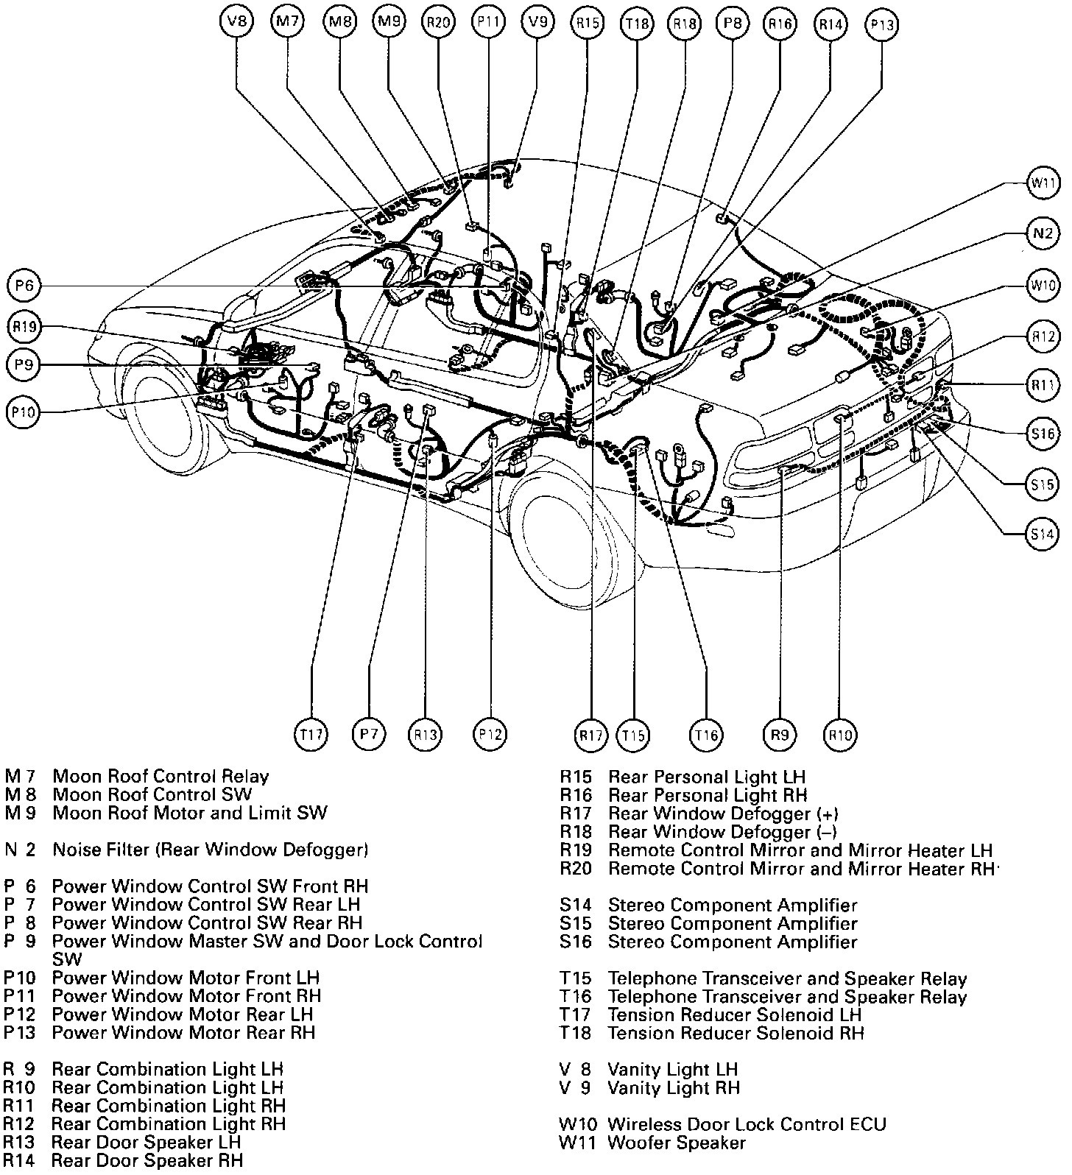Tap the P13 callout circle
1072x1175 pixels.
click(x=882, y=24)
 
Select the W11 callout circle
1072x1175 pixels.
click(x=1043, y=183)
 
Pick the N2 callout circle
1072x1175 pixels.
click(x=1043, y=234)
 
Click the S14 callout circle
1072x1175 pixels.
click(x=1043, y=534)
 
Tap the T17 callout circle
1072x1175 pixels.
click(x=311, y=734)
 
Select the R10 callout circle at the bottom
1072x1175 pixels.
click(x=840, y=734)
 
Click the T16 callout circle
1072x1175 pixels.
click(x=706, y=734)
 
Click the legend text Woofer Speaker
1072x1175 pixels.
click(x=676, y=1143)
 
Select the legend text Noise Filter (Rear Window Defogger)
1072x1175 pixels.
click(x=210, y=850)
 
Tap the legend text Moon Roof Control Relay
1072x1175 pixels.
click(x=161, y=776)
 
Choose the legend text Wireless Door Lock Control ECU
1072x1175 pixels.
click(x=747, y=1124)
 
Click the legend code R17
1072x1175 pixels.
click(x=576, y=814)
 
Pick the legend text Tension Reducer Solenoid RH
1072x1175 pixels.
click(x=736, y=1033)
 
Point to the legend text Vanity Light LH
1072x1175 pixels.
click(x=672, y=1069)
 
